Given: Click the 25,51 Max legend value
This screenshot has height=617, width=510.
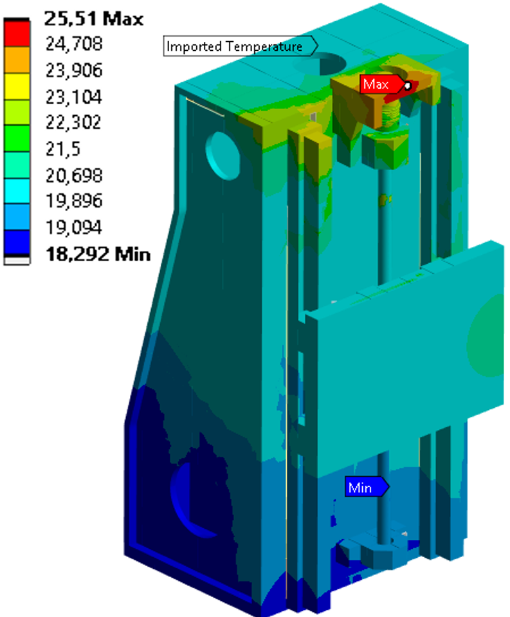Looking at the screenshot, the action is (94, 19).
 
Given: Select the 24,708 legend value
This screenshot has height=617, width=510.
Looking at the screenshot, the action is (74, 44).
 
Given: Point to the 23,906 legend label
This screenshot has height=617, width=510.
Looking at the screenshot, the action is (74, 70).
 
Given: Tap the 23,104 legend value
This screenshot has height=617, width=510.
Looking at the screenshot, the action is (74, 97).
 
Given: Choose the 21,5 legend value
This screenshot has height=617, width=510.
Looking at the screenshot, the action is (63, 149).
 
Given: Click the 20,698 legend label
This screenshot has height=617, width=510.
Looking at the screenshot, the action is (74, 175).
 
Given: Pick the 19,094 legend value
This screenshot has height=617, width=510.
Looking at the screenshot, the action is (74, 227).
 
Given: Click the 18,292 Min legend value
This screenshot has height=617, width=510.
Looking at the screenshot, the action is (98, 253).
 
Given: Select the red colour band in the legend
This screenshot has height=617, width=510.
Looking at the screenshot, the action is (17, 33).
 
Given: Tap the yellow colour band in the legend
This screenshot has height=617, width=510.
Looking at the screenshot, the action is (17, 86).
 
